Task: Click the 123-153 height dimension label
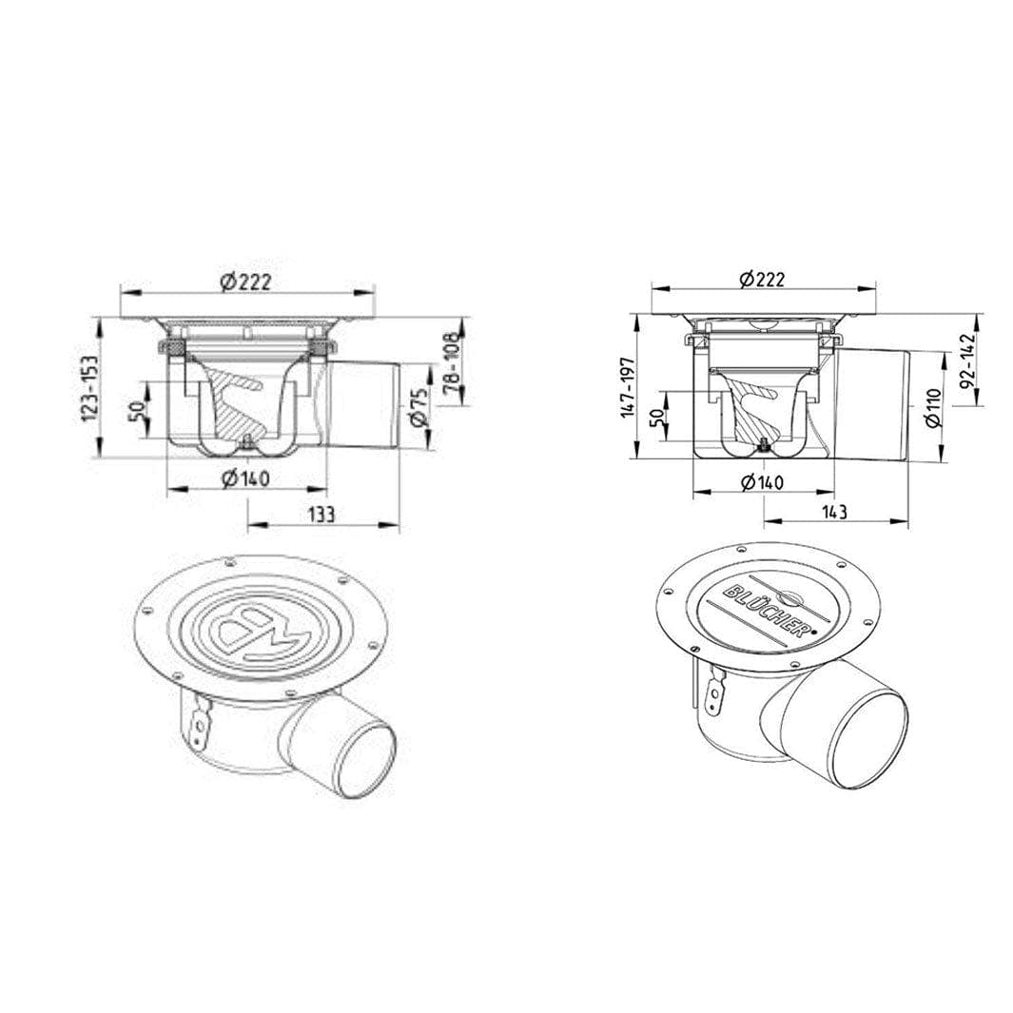point(90,388)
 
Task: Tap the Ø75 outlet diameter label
point(419,407)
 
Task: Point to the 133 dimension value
point(321,515)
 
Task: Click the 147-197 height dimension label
point(630,388)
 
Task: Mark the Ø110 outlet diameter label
point(932,408)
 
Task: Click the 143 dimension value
point(834,512)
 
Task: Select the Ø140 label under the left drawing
point(245,478)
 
